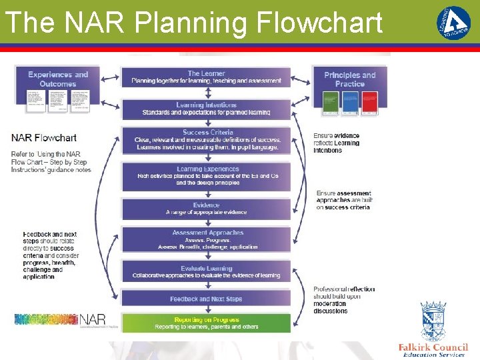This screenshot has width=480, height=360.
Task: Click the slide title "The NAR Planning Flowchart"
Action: click(x=193, y=23)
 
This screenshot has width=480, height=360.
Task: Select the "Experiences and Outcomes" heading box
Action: click(x=58, y=79)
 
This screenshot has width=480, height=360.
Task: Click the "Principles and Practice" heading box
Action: click(x=350, y=79)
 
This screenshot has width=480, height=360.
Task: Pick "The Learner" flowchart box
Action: click(x=206, y=77)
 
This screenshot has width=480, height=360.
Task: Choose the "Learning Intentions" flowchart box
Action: click(x=206, y=109)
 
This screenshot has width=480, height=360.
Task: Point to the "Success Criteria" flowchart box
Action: click(x=206, y=140)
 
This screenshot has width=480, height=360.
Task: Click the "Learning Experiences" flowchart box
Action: click(x=206, y=177)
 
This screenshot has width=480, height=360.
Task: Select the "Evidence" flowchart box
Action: click(x=206, y=209)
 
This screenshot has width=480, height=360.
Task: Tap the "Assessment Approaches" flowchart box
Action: click(x=206, y=240)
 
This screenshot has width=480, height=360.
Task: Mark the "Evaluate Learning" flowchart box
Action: click(x=206, y=272)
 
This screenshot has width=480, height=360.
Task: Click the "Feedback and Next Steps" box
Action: click(x=206, y=299)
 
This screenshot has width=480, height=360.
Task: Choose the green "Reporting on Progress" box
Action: click(x=206, y=323)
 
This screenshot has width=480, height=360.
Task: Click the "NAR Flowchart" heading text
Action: click(x=44, y=138)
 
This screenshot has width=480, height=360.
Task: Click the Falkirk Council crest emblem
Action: click(x=433, y=321)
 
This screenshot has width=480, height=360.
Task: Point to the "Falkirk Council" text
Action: click(x=433, y=347)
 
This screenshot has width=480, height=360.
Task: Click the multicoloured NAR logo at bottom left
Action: click(x=60, y=320)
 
